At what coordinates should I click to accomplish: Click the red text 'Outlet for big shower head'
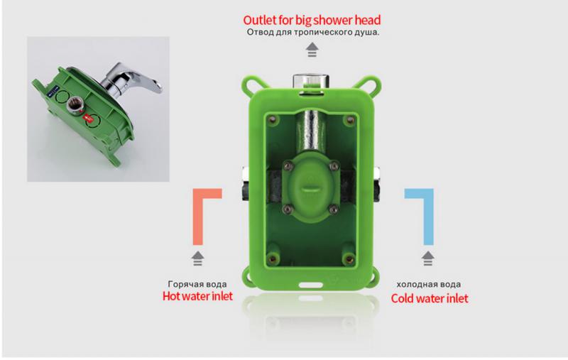pyautogui.click(x=312, y=20)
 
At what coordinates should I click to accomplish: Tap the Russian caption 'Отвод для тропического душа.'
pyautogui.click(x=313, y=32)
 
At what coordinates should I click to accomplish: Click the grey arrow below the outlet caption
pyautogui.click(x=312, y=50)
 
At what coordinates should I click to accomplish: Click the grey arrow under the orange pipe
pyautogui.click(x=198, y=258)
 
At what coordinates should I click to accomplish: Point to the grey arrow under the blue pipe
pyautogui.click(x=428, y=258)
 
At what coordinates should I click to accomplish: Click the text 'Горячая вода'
pyautogui.click(x=197, y=284)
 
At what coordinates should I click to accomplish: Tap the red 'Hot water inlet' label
pyautogui.click(x=198, y=296)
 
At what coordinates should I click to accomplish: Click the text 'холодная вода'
pyautogui.click(x=429, y=284)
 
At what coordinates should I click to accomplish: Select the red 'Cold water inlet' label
pyautogui.click(x=430, y=298)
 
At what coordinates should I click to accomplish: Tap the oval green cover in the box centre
pyautogui.click(x=311, y=187)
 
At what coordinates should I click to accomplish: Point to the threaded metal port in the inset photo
pyautogui.click(x=75, y=105)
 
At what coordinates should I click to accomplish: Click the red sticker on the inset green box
pyautogui.click(x=88, y=117)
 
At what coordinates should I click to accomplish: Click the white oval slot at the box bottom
pyautogui.click(x=310, y=285)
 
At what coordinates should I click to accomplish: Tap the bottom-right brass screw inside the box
pyautogui.click(x=349, y=258)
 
